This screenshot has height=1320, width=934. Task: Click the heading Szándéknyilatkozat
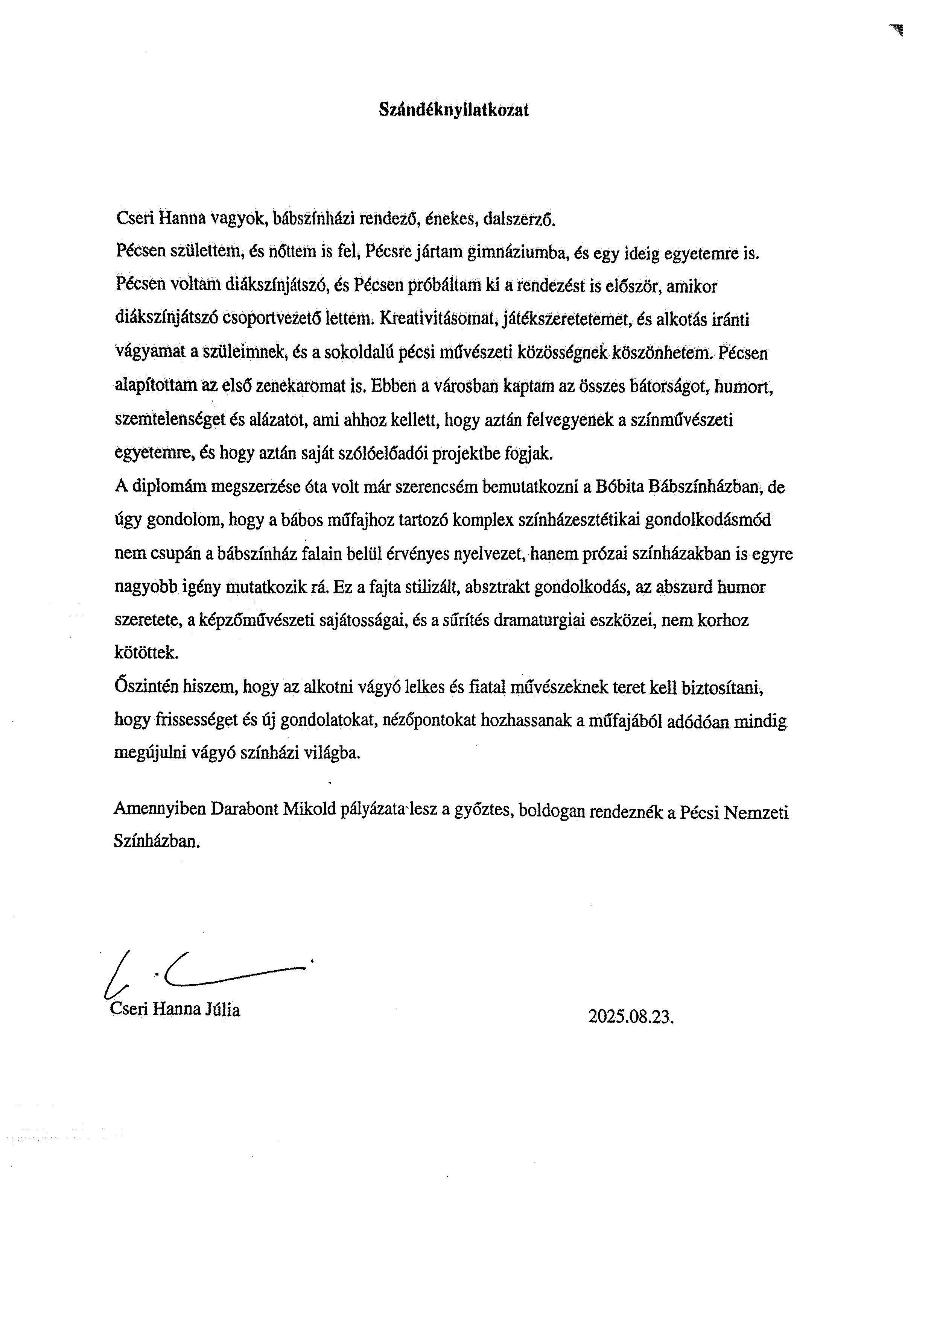tap(454, 111)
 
